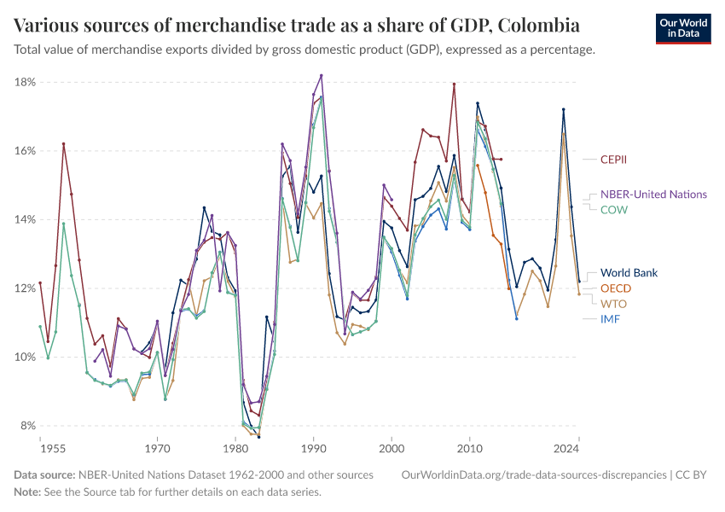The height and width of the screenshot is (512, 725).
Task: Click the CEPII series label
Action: [618, 159]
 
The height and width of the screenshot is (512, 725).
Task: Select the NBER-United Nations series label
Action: [653, 195]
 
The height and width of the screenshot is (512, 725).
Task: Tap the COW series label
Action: [615, 209]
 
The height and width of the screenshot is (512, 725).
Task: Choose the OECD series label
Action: [616, 288]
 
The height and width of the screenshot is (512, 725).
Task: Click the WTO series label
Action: [614, 304]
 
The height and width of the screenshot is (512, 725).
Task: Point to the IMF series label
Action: [611, 319]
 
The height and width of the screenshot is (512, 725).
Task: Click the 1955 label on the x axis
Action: [51, 447]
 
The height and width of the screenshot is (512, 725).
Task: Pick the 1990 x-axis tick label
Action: [314, 447]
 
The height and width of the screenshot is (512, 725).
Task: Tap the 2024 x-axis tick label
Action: [565, 447]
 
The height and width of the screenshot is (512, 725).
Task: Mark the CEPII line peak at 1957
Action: [63, 143]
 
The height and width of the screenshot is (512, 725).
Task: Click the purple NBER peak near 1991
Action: [322, 75]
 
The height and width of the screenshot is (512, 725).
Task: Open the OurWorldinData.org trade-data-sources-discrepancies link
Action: [532, 474]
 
